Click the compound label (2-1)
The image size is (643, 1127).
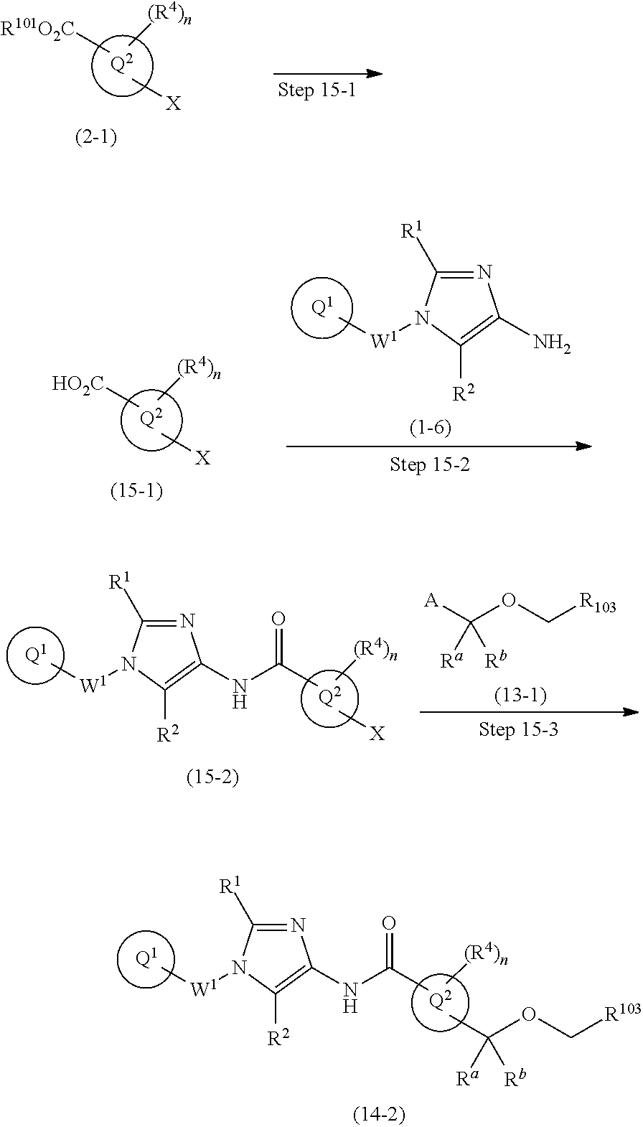click(x=95, y=138)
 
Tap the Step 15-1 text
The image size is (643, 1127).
click(x=316, y=91)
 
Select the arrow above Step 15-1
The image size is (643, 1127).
click(x=327, y=74)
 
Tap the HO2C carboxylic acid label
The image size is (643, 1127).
click(x=78, y=384)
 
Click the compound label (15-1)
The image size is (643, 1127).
click(x=136, y=491)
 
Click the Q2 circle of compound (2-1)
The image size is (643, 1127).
click(x=122, y=67)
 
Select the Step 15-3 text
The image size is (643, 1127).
click(x=517, y=730)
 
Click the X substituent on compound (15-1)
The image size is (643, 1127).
click(x=203, y=458)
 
